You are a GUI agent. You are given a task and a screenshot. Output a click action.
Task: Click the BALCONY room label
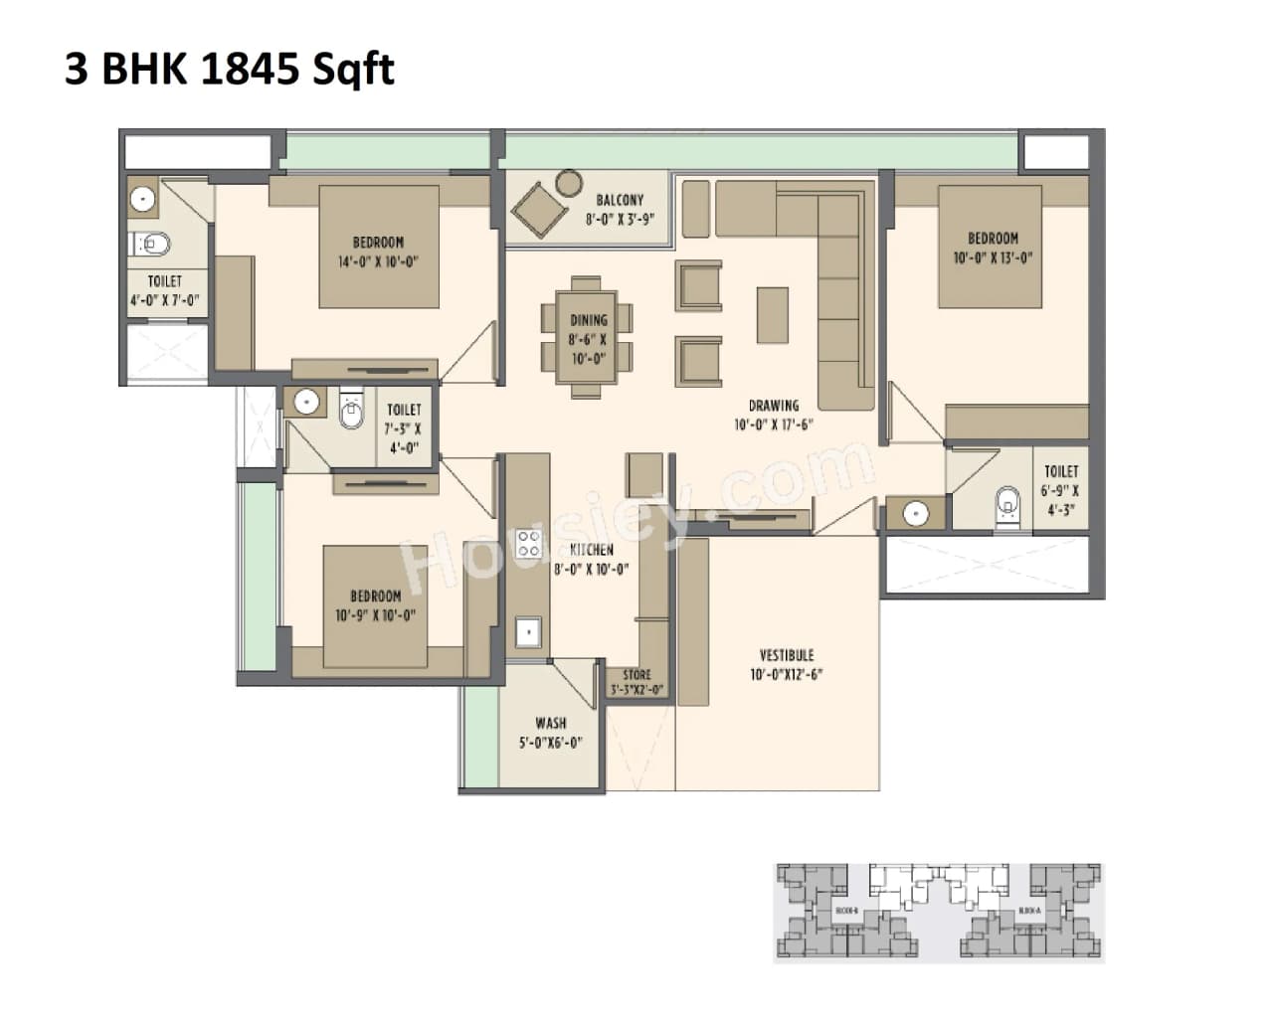point(620,200)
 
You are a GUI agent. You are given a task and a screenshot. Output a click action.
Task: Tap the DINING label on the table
point(588,320)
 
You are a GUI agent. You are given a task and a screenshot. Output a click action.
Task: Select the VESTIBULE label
point(786,655)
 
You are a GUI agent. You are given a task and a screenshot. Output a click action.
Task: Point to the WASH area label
point(550,723)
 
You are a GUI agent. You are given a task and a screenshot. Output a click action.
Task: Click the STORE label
point(636,675)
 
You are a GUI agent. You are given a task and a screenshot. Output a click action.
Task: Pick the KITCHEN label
point(592,550)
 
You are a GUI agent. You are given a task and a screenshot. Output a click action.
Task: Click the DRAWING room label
point(774,406)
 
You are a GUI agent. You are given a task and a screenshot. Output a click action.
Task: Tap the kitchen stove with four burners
point(528,544)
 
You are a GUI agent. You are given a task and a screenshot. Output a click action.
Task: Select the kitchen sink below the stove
point(527,631)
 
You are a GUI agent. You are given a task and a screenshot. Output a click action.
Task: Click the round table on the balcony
point(569,182)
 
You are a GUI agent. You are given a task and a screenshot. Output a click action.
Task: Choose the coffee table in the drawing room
point(772,315)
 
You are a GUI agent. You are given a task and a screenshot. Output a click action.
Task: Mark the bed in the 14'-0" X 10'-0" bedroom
point(379,247)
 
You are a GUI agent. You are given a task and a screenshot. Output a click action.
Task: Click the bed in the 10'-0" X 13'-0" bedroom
point(991,246)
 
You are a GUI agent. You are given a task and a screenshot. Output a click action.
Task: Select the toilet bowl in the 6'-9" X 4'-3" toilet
point(1007,505)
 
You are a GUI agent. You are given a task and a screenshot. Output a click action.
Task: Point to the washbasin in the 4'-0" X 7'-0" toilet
point(143,199)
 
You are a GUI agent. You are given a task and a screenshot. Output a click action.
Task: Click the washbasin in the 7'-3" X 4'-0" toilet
point(305,402)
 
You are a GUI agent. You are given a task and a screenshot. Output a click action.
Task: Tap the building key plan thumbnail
point(938,912)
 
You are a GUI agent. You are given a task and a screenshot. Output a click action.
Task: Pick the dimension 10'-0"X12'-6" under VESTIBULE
point(786,674)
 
